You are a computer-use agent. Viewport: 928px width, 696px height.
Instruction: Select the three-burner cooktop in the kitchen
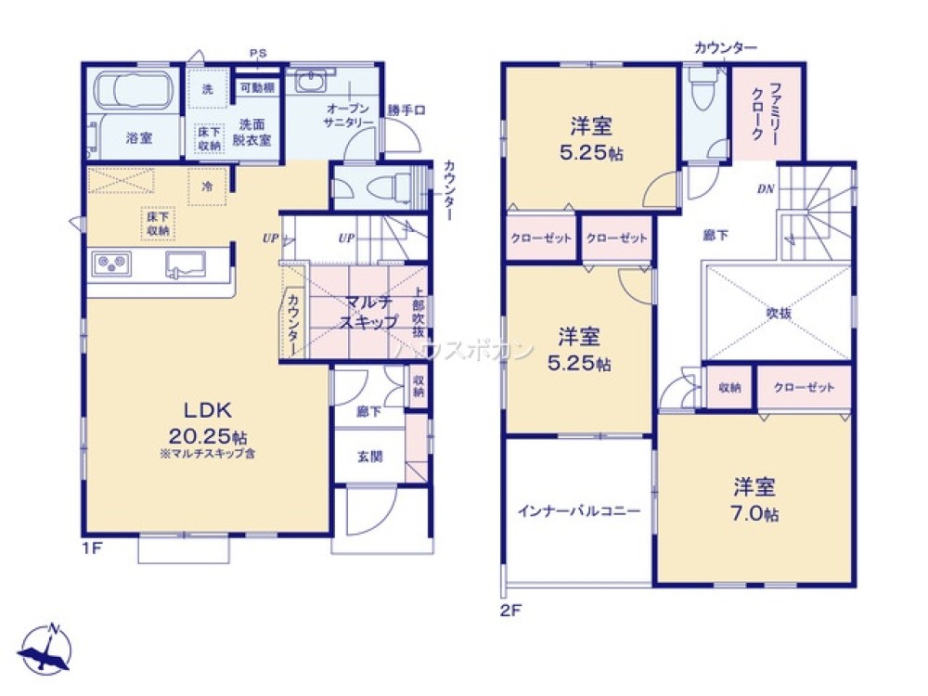coord(112,264)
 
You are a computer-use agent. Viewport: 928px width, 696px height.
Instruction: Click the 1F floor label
coord(91,548)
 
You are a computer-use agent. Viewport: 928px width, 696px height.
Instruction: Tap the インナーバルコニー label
coord(579,510)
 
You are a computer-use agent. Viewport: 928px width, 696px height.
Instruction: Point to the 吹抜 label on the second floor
coord(778,314)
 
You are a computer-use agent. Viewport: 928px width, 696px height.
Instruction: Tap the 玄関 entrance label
coord(368,456)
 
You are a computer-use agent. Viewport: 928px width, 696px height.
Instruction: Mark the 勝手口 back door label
coord(406,110)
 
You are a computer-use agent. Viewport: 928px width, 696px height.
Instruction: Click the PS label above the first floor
coord(257,54)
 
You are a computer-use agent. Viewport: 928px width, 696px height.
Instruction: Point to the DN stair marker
coord(766,189)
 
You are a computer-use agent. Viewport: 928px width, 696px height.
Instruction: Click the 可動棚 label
coord(256,88)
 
